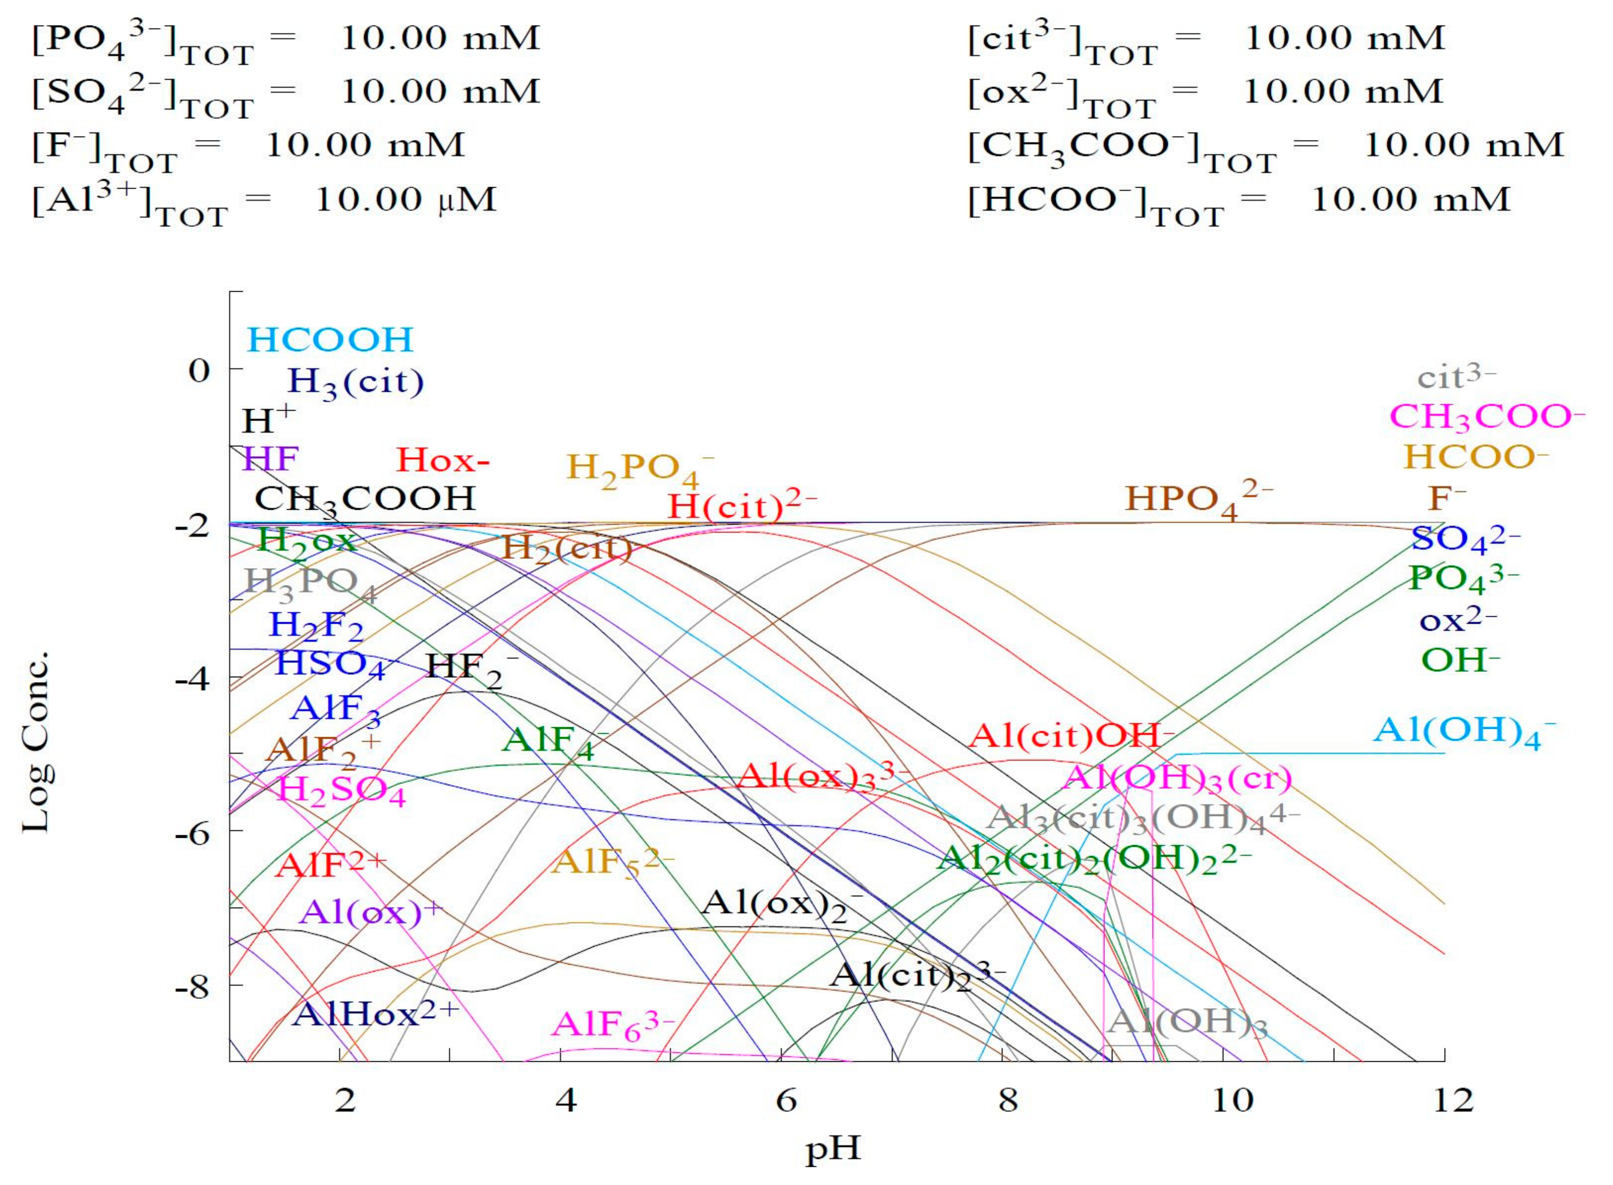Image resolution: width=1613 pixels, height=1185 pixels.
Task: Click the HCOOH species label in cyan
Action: click(x=330, y=340)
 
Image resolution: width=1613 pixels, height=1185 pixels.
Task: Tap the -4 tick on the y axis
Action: click(x=192, y=678)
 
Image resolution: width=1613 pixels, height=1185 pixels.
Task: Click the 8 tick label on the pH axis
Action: click(x=1007, y=1100)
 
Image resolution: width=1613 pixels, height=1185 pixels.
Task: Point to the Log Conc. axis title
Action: click(x=36, y=743)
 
